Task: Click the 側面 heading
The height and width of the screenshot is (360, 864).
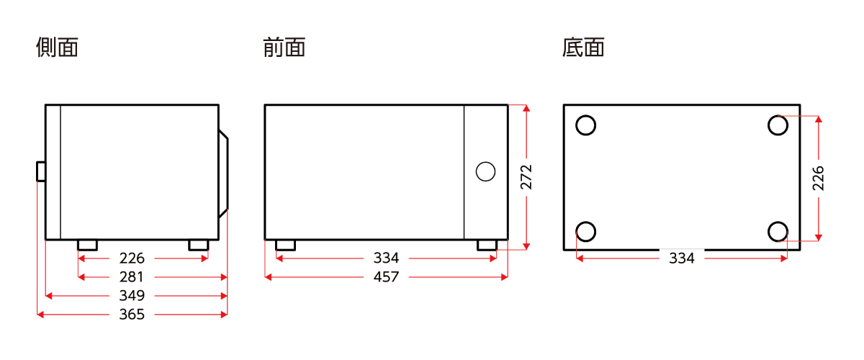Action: tap(57, 48)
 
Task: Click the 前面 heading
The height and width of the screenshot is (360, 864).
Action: tap(284, 48)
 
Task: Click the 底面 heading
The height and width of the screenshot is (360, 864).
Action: tap(583, 48)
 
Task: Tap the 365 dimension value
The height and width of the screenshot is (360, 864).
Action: tap(132, 315)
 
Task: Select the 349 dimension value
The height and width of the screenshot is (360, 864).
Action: tap(132, 296)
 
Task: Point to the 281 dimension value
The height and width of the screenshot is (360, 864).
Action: tap(132, 277)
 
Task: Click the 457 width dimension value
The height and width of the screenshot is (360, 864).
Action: tap(386, 277)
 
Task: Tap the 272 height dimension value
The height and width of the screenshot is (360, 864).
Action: tap(526, 177)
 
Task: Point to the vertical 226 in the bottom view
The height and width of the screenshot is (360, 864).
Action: tap(819, 178)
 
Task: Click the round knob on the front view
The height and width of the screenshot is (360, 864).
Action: tap(486, 171)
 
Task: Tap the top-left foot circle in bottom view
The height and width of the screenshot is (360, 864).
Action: tap(586, 125)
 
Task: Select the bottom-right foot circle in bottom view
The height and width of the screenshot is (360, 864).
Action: tap(778, 232)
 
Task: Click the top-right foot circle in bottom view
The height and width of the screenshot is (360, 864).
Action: tap(778, 125)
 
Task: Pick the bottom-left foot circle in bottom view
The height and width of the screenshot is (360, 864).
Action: tap(586, 232)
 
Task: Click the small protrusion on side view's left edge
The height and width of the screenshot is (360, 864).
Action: tap(41, 171)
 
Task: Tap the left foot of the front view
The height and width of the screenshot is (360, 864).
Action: tap(285, 246)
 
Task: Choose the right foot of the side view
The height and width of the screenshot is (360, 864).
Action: tap(198, 246)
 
